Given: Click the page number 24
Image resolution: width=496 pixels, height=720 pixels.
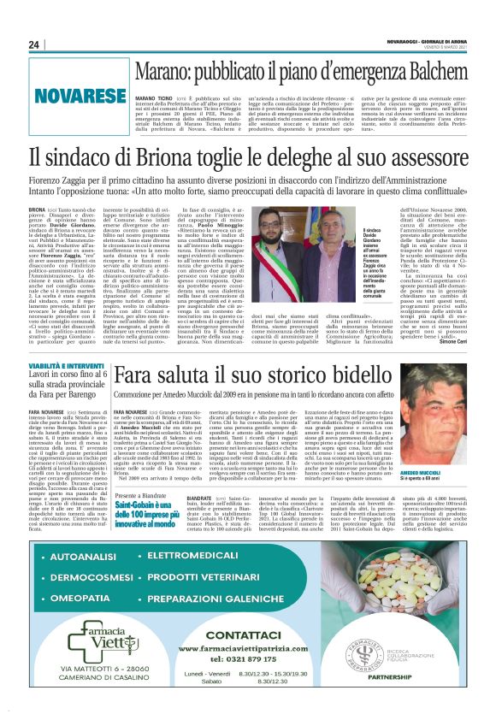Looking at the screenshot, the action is pyautogui.click(x=34, y=45).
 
